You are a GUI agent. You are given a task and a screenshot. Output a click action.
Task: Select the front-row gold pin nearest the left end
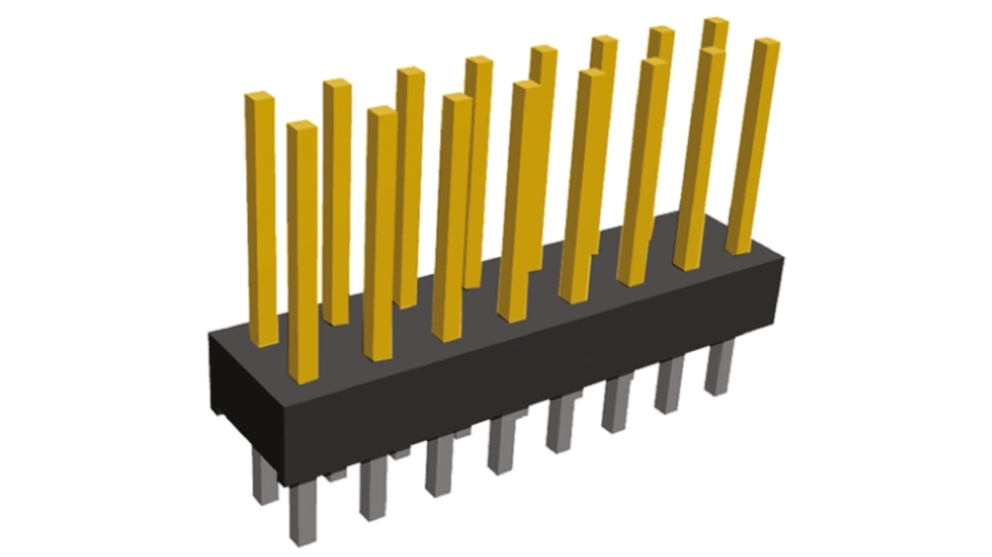pos(302,251)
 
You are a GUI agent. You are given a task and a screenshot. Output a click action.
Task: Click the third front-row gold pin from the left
pos(451,216)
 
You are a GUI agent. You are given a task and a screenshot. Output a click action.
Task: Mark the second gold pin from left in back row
pos(337,202)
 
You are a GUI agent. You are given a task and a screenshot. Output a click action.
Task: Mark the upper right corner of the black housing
pos(782,258)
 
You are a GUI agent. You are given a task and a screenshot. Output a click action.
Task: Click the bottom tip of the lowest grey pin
pos(303,541)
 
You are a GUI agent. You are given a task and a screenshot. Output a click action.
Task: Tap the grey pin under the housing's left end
pos(265,478)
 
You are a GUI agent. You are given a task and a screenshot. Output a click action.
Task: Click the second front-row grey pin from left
pos(373,489)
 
